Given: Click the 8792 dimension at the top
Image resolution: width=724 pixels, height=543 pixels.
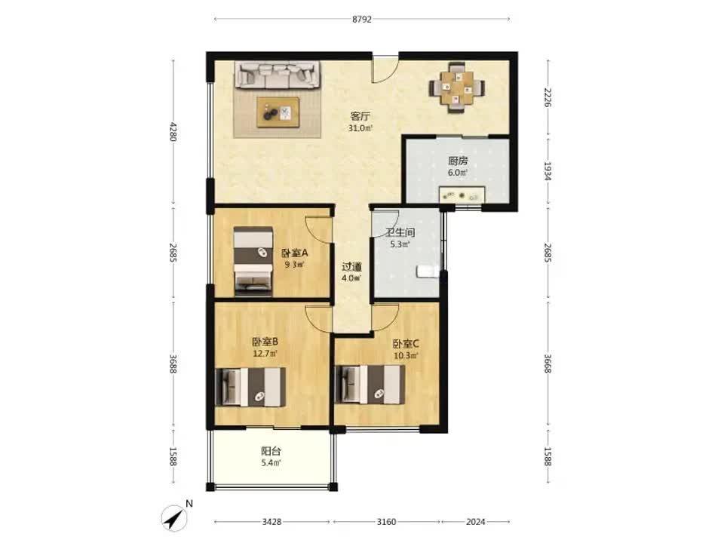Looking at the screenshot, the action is coord(361,20).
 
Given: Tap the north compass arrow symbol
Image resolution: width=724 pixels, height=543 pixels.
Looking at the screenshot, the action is coord(173,517).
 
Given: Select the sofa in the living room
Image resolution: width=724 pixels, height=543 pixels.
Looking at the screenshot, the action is coord(278,75).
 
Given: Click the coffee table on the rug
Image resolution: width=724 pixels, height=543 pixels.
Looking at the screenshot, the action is coord(278,112).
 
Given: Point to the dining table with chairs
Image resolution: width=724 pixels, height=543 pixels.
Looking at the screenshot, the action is coord(457,87).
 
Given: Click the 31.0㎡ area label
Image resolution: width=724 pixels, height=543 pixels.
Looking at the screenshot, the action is coord(360,128).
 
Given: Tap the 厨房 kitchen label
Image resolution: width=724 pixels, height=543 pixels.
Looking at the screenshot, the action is coord(458,161).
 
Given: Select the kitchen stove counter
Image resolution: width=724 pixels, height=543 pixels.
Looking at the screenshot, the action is coord(462,195).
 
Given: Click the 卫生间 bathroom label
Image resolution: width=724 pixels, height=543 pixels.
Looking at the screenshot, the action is coord(400,232).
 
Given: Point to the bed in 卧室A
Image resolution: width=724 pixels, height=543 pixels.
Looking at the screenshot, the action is coord(253,261).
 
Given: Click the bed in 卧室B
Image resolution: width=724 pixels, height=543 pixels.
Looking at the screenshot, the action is coord(250,387).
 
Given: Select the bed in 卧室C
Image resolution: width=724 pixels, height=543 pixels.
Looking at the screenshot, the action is coord(370,384).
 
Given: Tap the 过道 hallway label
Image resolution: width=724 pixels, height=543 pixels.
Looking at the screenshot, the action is coord(351,267).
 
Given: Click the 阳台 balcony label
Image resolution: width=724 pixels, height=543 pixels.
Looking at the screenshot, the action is coord(271,451).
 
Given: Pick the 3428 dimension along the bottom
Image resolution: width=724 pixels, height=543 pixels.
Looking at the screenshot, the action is coord(271,522).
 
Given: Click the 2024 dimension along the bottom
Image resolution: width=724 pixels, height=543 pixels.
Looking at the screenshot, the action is coord(476,522).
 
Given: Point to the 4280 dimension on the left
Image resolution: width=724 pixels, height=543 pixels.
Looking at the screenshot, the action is coord(173,131).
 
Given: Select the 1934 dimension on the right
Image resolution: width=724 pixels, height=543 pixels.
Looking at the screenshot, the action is coord(548,171).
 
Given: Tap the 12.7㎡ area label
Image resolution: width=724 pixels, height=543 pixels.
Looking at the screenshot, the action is coord(265,354).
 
